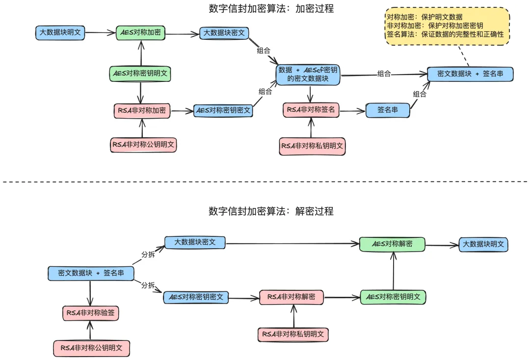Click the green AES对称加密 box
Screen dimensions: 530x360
coord(141,33)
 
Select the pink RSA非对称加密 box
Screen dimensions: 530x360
coord(142,111)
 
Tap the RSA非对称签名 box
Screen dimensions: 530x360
coord(311,110)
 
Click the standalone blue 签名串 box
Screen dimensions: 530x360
coord(388,110)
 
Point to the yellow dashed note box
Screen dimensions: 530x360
coord(447,26)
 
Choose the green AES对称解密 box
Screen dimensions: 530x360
coord(392,244)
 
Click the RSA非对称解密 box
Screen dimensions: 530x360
coord(291,297)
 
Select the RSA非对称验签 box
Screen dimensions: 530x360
coord(91,313)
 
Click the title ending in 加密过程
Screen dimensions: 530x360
coord(271,8)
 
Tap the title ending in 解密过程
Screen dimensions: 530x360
coord(271,211)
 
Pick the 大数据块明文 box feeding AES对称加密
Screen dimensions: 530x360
coord(60,33)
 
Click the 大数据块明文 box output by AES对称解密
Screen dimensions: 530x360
coord(483,245)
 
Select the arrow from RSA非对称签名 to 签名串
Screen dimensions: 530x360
coord(352,110)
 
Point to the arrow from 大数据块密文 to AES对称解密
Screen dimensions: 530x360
coord(292,243)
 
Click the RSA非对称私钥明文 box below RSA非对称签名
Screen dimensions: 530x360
coord(312,146)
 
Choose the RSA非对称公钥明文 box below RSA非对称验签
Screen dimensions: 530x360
coord(92,348)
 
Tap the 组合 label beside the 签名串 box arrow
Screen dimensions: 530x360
coord(420,94)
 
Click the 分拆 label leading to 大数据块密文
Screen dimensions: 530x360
coord(148,255)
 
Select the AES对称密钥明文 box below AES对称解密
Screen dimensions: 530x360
coord(393,297)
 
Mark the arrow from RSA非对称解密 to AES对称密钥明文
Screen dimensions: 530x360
coord(342,298)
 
